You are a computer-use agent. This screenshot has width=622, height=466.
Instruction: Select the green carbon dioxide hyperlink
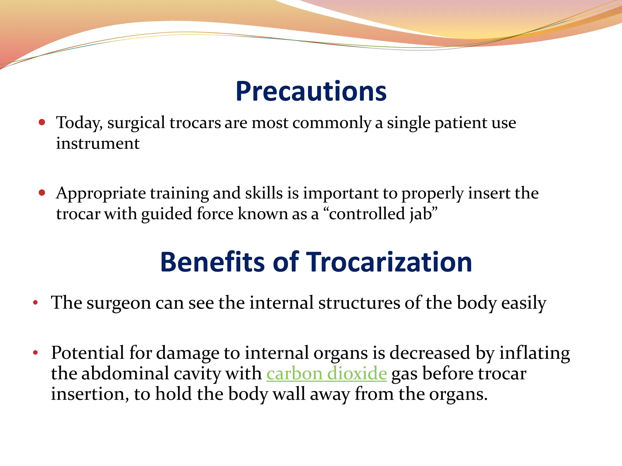[x=326, y=373]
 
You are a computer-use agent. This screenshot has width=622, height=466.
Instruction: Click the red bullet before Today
[x=42, y=122]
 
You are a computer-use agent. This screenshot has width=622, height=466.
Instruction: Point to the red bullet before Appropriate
[x=42, y=193]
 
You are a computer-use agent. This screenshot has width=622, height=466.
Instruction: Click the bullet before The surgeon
[x=36, y=302]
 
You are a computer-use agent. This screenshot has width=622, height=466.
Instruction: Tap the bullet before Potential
[x=36, y=353]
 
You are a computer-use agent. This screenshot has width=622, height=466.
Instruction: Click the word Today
[x=79, y=123]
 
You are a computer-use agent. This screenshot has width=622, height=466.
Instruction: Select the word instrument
[x=98, y=144]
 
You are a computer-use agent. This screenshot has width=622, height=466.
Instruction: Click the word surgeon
[x=118, y=303]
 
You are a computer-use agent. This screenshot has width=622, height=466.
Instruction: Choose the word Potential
[x=87, y=353]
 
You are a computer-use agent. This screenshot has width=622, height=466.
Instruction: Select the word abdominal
[x=125, y=373]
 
